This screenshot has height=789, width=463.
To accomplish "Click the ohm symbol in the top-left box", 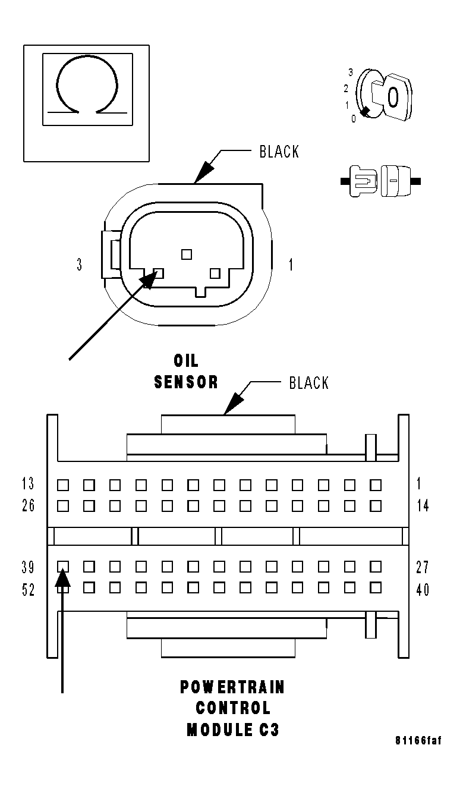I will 86,85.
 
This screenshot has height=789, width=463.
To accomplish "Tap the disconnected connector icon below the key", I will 380,180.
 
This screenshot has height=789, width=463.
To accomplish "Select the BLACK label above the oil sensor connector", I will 279,152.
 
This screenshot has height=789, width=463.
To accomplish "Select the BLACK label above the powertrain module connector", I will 308,383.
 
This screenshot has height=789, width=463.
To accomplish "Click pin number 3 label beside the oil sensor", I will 80,265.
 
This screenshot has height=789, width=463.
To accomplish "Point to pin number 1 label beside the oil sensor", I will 291,265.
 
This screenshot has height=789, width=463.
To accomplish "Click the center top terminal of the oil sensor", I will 187,254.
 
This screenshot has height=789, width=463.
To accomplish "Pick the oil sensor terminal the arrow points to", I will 158,273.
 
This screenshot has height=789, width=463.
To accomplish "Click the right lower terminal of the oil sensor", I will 215,273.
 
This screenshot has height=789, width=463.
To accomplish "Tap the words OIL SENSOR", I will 186,372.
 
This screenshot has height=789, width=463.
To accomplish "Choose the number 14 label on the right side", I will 422,506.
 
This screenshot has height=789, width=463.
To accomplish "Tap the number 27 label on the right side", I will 422,567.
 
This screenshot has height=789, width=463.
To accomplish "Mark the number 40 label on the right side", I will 422,590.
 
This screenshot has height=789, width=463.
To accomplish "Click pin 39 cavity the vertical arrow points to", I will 63,567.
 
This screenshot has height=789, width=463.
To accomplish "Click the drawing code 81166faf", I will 418,741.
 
